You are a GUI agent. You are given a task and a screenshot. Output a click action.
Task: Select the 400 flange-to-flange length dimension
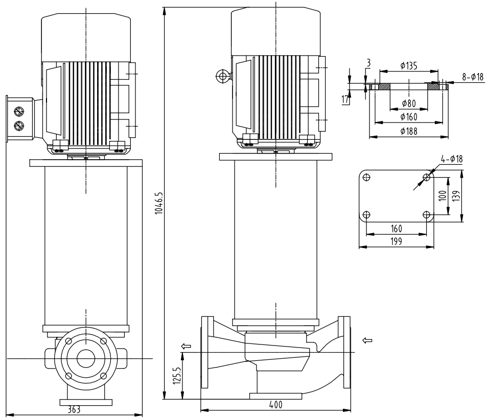276,404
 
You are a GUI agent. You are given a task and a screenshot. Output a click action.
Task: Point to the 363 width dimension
74,409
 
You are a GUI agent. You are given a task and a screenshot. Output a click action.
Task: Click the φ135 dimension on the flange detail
409,65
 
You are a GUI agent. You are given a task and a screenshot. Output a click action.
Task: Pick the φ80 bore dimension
408,103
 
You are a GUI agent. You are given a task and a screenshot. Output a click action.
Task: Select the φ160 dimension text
408,117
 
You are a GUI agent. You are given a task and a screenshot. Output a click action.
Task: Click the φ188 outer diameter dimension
408,132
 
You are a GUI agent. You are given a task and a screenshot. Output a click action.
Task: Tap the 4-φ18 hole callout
452,159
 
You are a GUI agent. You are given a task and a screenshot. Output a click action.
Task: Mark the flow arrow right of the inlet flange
366,339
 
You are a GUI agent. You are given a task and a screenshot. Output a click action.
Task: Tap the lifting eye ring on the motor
222,77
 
